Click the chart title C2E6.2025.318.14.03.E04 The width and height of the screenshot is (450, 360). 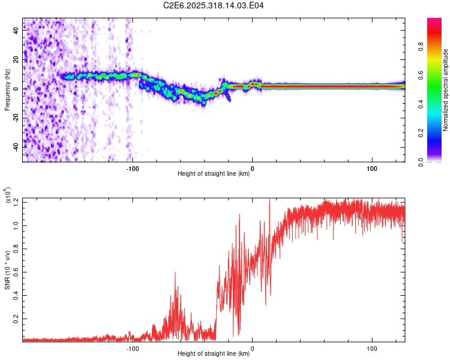[214, 5]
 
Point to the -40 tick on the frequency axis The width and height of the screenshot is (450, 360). [15, 146]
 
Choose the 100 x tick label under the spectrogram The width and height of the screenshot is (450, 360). [371, 168]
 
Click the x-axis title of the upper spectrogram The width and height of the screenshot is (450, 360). [214, 175]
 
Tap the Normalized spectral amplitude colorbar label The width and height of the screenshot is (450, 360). [446, 90]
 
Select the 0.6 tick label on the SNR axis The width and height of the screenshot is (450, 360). [16, 272]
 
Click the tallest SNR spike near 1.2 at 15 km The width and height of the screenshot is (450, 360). [269, 202]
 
